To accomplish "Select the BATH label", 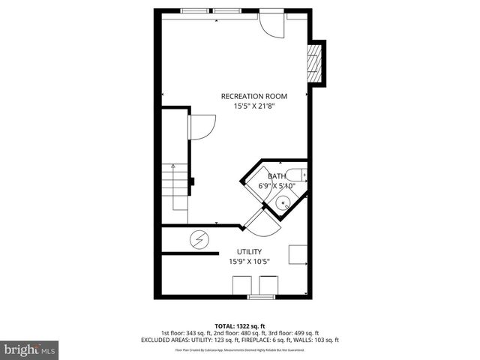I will coord(277,176).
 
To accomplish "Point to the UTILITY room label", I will coord(249,252).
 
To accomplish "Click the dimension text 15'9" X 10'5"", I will coord(249,262).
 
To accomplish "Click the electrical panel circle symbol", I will coord(199,240).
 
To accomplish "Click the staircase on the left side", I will coord(178,187).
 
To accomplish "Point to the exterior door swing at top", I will coord(271,24).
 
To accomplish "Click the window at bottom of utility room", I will coord(259,297).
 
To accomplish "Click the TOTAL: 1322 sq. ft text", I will coord(239,325).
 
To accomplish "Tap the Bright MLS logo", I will coord(30,349).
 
